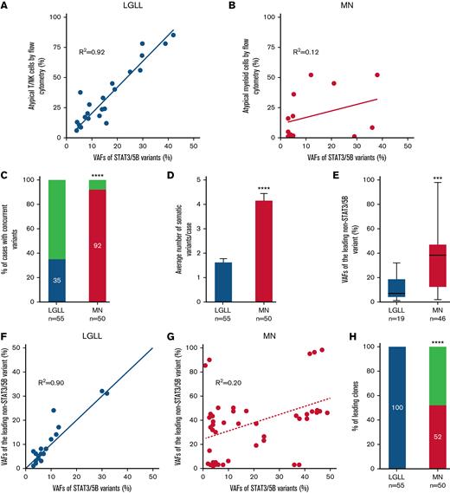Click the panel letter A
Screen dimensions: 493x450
(x=6, y=6)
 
